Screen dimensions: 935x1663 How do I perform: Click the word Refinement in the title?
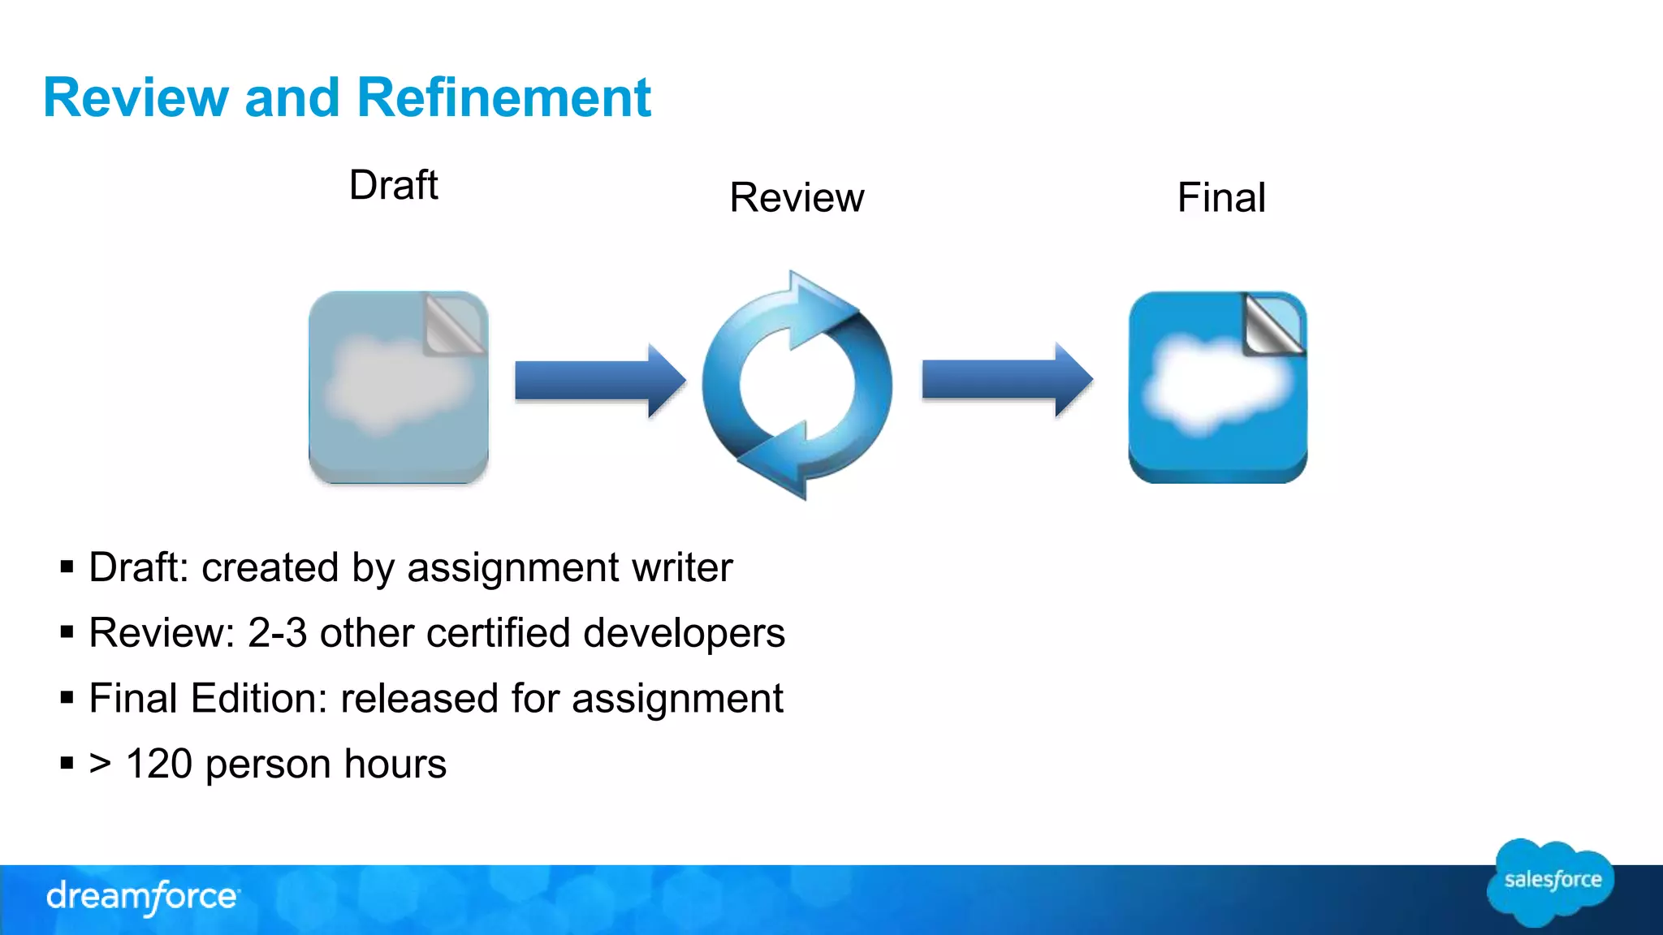coord(503,97)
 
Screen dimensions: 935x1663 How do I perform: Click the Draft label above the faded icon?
coord(394,185)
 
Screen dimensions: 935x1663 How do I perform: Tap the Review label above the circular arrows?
coord(797,197)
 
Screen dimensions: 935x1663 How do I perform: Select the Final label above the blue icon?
coord(1221,197)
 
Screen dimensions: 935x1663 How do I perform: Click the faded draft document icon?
coord(398,387)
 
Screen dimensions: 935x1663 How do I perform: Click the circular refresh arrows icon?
coord(797,385)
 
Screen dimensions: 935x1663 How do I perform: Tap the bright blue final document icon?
coord(1217,387)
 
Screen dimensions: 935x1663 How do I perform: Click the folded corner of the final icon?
coord(1272,324)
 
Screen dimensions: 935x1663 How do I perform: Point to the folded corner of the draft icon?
coord(454,324)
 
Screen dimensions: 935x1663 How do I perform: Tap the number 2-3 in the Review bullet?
coord(277,633)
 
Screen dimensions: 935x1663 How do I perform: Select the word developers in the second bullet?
coord(684,633)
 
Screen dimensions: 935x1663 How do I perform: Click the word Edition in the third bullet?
coord(258,699)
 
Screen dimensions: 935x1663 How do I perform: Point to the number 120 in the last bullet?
coord(159,765)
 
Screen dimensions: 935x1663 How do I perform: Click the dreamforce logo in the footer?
coord(142,897)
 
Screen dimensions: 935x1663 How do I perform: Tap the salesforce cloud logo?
coord(1551,881)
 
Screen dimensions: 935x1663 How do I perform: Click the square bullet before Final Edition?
coord(67,697)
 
